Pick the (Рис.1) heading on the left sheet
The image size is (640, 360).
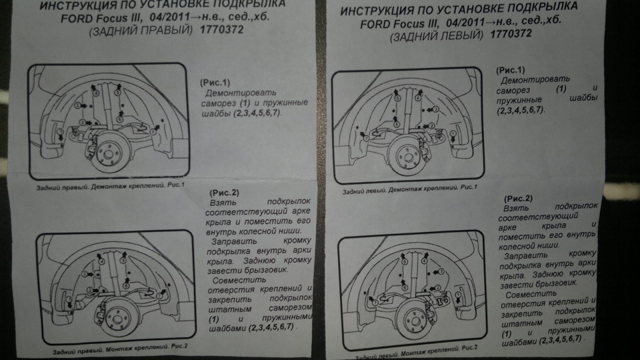[214, 81]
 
